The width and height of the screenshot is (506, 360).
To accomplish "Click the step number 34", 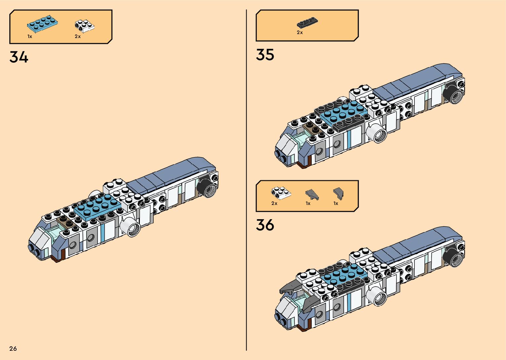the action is [x=19, y=57].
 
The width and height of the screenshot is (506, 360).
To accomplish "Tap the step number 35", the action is [x=265, y=55].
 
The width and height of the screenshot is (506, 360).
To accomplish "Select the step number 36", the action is [x=265, y=225].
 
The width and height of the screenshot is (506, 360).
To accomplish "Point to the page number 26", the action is [x=13, y=348].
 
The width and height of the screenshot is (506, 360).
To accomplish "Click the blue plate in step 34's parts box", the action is [x=43, y=24].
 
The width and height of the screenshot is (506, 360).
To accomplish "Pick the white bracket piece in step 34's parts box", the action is [x=84, y=26].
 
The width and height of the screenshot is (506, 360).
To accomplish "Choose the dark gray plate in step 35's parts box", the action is [x=308, y=23].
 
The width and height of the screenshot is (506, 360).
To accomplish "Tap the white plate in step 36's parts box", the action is [x=281, y=193].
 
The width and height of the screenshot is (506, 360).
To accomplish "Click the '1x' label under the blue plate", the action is [x=30, y=36].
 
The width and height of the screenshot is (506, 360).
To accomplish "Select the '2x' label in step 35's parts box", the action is [x=300, y=32].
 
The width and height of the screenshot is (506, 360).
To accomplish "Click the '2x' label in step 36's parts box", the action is [x=274, y=203].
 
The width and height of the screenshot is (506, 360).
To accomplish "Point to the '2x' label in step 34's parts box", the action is [x=78, y=36].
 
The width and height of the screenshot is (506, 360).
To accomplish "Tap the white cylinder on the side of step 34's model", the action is [x=131, y=226].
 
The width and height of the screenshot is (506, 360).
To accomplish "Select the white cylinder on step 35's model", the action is [x=378, y=133].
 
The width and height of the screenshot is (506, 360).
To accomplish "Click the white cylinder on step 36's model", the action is [x=378, y=296].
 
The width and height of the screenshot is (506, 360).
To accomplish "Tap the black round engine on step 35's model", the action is [x=455, y=93].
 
